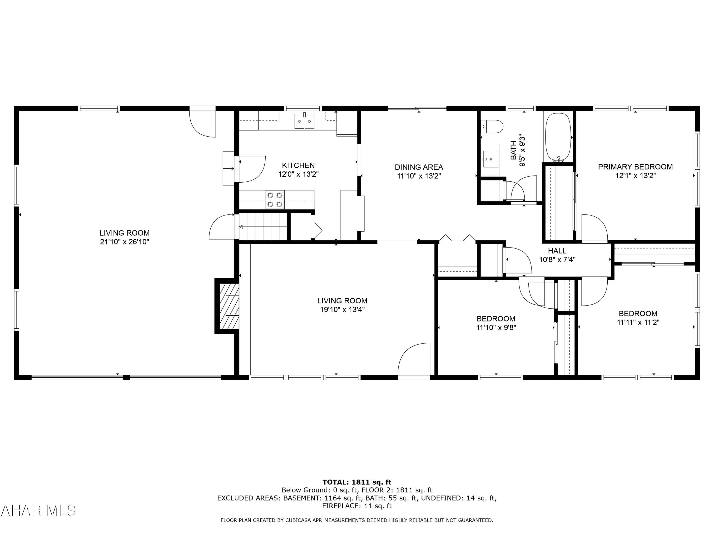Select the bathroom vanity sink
click(491, 159)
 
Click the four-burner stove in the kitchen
click(275, 200)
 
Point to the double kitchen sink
click(304, 121)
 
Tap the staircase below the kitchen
click(263, 227)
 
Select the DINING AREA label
click(419, 167)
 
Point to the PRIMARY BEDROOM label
click(635, 167)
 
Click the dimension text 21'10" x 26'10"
click(125, 242)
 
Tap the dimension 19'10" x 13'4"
click(342, 310)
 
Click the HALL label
click(557, 251)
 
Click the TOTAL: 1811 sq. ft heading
click(357, 482)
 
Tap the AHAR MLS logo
click(38, 511)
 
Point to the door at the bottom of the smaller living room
click(414, 360)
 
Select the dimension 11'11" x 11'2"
click(638, 322)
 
